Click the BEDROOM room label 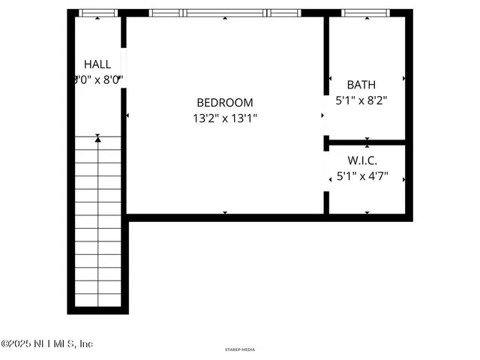(x=225, y=103)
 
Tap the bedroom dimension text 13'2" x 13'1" (x=225, y=118)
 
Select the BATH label (x=361, y=85)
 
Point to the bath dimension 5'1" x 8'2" (x=361, y=99)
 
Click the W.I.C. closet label (x=362, y=161)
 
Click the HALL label (x=97, y=64)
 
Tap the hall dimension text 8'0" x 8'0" (x=97, y=79)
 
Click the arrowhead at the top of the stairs (x=98, y=138)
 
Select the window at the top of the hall (x=98, y=13)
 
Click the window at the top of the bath (x=364, y=13)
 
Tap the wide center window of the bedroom (x=225, y=13)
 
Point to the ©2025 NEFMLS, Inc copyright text (x=46, y=343)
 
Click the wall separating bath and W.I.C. (x=367, y=142)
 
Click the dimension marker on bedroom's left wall (x=129, y=115)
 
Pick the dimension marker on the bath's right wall (x=404, y=78)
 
